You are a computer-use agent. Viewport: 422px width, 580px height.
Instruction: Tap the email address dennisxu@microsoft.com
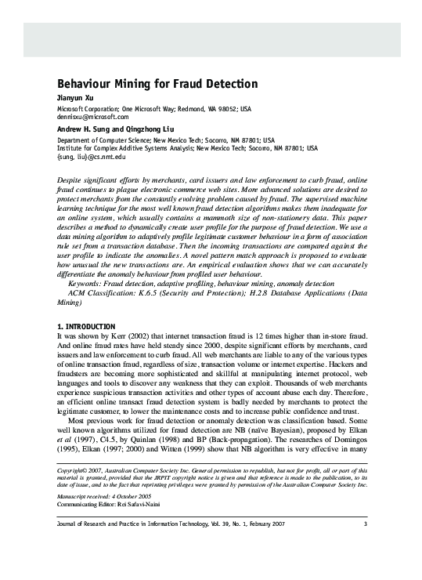tap(93, 115)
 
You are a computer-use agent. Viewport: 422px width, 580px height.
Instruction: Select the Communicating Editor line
tap(116, 506)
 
